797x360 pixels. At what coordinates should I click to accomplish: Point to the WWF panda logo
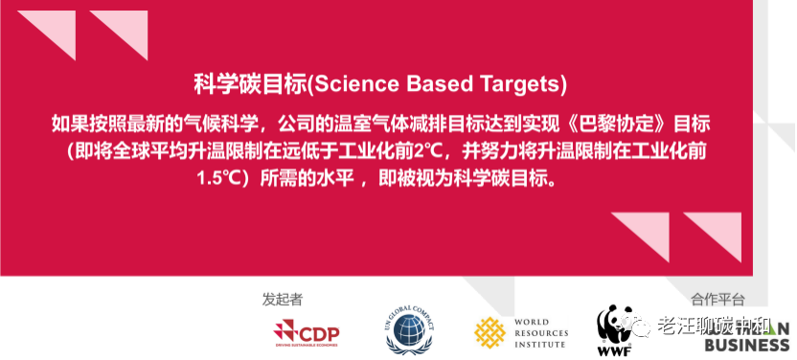coord(614,322)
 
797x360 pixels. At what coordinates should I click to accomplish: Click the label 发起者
coord(282,299)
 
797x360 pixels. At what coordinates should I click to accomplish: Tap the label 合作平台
coord(717,299)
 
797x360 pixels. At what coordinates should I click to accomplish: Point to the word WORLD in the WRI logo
coord(532,323)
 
